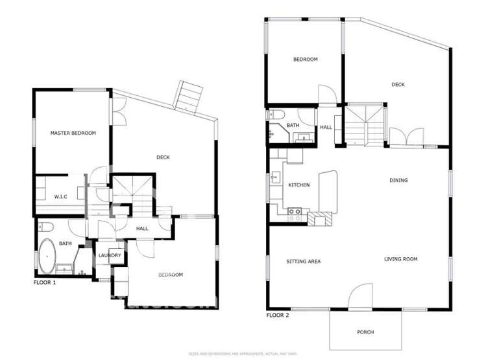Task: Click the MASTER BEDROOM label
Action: point(73,133)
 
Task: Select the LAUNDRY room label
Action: point(110,255)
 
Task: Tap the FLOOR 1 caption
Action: point(45,282)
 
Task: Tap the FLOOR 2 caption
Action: point(278,315)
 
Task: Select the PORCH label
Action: point(365,332)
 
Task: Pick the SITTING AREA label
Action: point(304,262)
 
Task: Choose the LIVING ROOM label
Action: point(400,259)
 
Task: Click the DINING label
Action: point(398,180)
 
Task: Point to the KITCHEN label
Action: point(299,185)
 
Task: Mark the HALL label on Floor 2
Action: point(326,127)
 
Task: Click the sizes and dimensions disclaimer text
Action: point(243,354)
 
